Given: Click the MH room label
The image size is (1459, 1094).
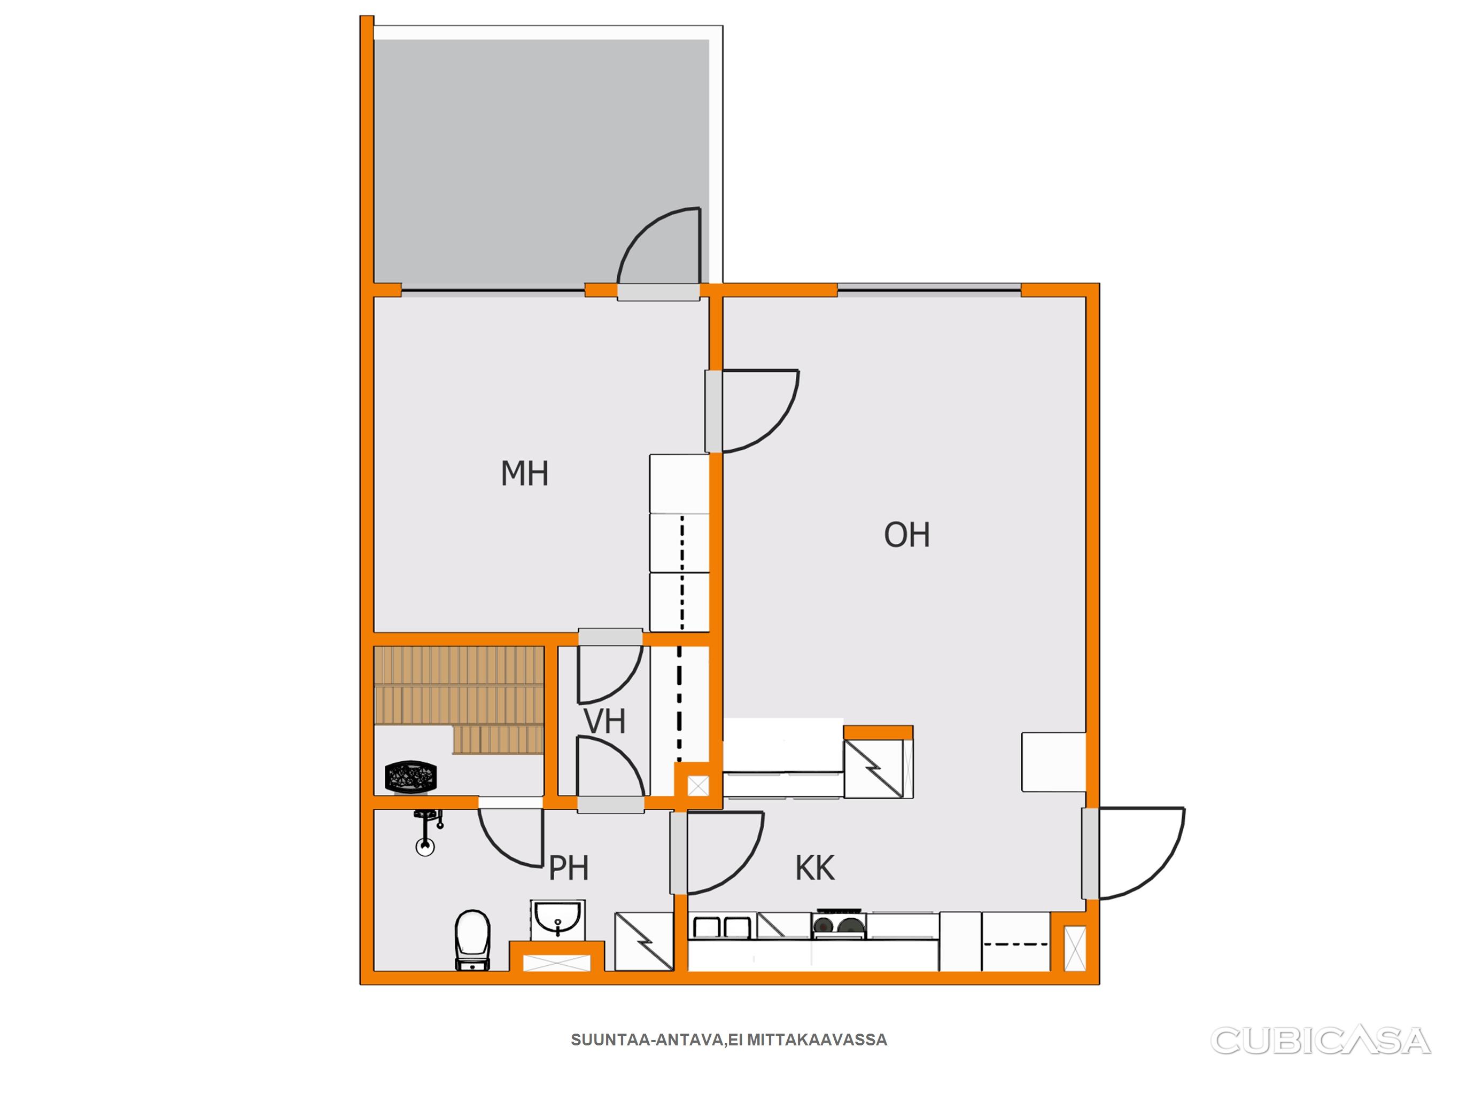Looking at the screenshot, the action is [x=524, y=473].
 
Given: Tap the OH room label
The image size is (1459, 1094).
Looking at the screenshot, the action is [x=907, y=535].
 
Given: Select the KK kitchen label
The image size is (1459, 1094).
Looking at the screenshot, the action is [x=815, y=869].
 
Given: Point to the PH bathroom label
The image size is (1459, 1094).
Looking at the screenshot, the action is [x=569, y=869].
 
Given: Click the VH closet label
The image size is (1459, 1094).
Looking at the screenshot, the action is [x=605, y=722].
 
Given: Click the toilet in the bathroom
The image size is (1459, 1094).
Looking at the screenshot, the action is [x=473, y=940].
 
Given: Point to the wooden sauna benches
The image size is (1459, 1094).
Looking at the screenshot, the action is [x=459, y=699].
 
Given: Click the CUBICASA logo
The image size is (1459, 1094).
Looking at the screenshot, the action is [x=1321, y=1041].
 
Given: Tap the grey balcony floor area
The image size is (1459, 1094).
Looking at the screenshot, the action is [x=541, y=161].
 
